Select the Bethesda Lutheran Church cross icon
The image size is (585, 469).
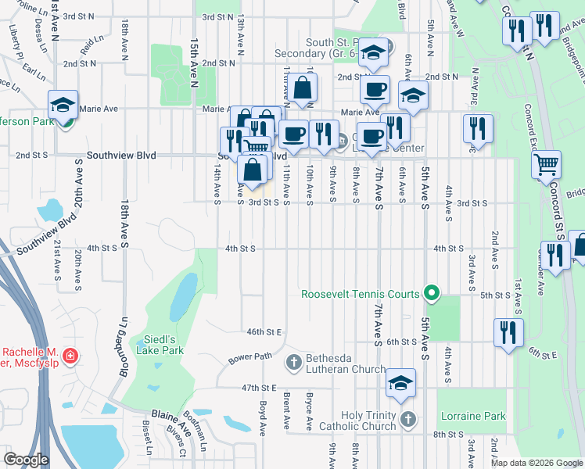coord(293,361)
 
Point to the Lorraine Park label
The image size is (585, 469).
coord(472,416)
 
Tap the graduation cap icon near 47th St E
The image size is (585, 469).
coord(400,383)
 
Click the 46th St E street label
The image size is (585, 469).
coord(264,331)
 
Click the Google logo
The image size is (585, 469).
coord(26,460)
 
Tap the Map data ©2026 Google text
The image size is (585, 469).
coord(536,463)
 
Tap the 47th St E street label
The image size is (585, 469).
coord(260,388)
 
